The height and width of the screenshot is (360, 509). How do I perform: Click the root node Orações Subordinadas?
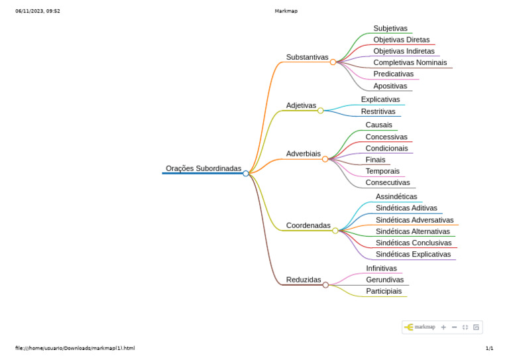203,169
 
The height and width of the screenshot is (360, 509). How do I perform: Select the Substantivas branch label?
307,58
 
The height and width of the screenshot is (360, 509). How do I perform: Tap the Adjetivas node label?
301,106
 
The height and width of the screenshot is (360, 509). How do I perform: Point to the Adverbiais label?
303,154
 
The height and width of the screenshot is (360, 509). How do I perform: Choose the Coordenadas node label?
308,226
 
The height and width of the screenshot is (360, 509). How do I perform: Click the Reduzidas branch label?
304,280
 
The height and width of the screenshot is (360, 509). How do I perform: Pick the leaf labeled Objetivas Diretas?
401,40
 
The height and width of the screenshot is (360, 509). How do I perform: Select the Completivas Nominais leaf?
410,63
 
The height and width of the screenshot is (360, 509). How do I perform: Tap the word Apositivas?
390,86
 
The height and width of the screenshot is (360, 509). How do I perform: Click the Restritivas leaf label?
378,112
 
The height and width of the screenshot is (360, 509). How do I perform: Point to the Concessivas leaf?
386,137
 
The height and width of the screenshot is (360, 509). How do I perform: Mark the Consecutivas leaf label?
388,183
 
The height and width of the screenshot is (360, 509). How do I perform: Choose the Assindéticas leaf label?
396,197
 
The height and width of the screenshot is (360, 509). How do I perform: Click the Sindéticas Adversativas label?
414,220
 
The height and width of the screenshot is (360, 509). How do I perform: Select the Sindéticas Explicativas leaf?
413,255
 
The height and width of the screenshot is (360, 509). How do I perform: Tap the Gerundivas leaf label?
384,280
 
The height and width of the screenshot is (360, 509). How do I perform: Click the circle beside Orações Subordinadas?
246,174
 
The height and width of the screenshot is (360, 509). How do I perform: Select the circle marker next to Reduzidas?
325,285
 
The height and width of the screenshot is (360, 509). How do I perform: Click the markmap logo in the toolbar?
420,327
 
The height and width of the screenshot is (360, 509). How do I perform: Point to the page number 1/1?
489,348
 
